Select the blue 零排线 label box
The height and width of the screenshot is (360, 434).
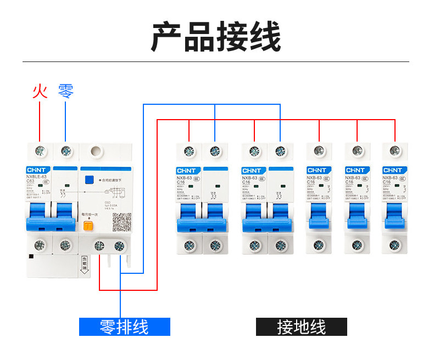coord(124,327)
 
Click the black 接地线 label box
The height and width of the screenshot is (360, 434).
coord(302,327)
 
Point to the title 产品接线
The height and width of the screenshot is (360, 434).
coord(216,37)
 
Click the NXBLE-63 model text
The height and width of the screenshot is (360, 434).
coord(37,177)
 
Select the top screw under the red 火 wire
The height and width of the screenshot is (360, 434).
coord(40,150)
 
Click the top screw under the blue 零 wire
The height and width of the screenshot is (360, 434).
coord(65,150)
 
